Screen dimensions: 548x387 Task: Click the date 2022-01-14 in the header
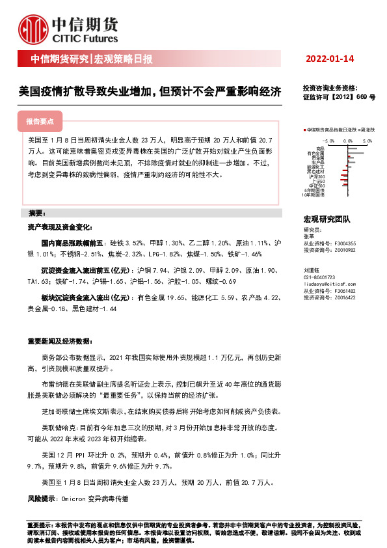click(330, 59)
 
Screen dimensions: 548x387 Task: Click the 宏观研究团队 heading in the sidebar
click(327, 220)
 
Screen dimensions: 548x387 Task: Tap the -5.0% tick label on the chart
click(328, 139)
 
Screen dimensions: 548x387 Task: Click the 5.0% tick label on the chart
click(368, 139)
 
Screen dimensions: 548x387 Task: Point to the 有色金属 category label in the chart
click(316, 153)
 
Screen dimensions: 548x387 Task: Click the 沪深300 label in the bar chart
click(317, 176)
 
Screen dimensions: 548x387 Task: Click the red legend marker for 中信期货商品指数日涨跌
click(304, 130)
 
